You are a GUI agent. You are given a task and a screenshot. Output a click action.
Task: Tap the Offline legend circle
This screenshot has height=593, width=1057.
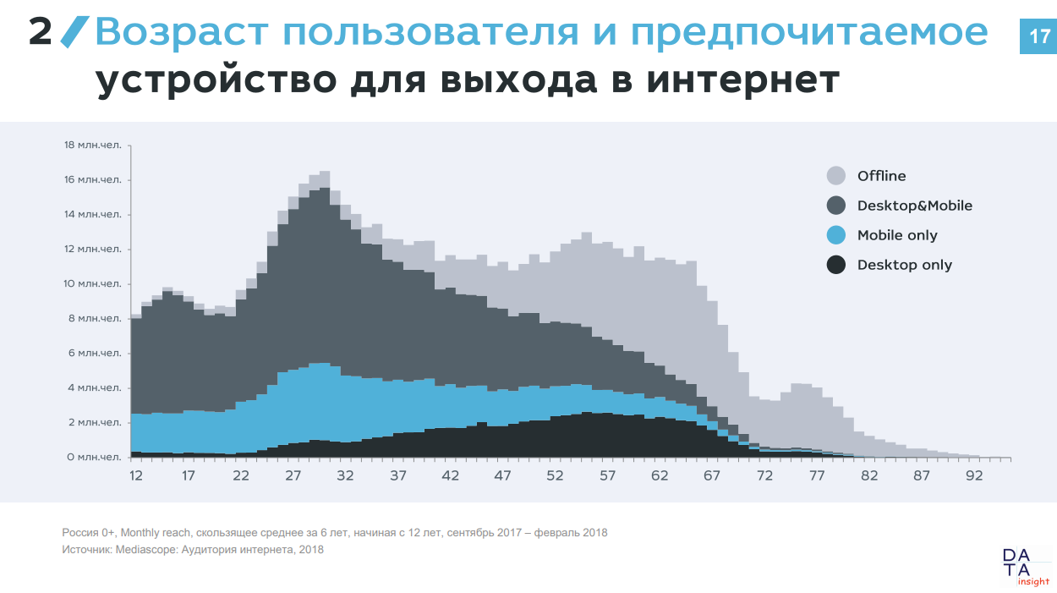coord(835,176)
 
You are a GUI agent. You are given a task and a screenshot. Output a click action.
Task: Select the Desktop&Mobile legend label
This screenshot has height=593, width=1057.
coord(914,206)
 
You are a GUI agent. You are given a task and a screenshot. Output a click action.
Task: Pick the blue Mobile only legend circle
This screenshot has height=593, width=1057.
coord(835,235)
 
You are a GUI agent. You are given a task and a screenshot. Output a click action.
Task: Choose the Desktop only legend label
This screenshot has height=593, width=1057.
coord(904,265)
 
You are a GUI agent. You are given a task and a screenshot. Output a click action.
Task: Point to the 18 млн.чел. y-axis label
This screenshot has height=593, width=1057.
coord(93,145)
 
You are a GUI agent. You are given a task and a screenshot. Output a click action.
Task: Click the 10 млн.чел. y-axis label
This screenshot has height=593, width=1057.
coord(93,283)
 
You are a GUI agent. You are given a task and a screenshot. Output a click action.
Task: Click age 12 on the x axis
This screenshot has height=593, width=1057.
coord(136,475)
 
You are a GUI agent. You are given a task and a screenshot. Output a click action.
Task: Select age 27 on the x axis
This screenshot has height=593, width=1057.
coord(293,475)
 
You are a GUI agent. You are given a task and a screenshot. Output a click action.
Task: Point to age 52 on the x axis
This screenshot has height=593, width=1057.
coord(555,475)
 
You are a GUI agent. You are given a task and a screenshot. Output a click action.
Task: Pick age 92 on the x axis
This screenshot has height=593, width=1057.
coord(974,475)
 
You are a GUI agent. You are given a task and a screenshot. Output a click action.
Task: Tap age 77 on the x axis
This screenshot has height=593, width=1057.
coord(817,475)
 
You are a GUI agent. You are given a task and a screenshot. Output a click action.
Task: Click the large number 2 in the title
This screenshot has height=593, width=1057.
coord(41,33)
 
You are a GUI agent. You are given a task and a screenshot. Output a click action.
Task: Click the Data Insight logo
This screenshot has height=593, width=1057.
coord(1024,567)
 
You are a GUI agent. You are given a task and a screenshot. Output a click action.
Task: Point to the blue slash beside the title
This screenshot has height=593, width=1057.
coord(74,32)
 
